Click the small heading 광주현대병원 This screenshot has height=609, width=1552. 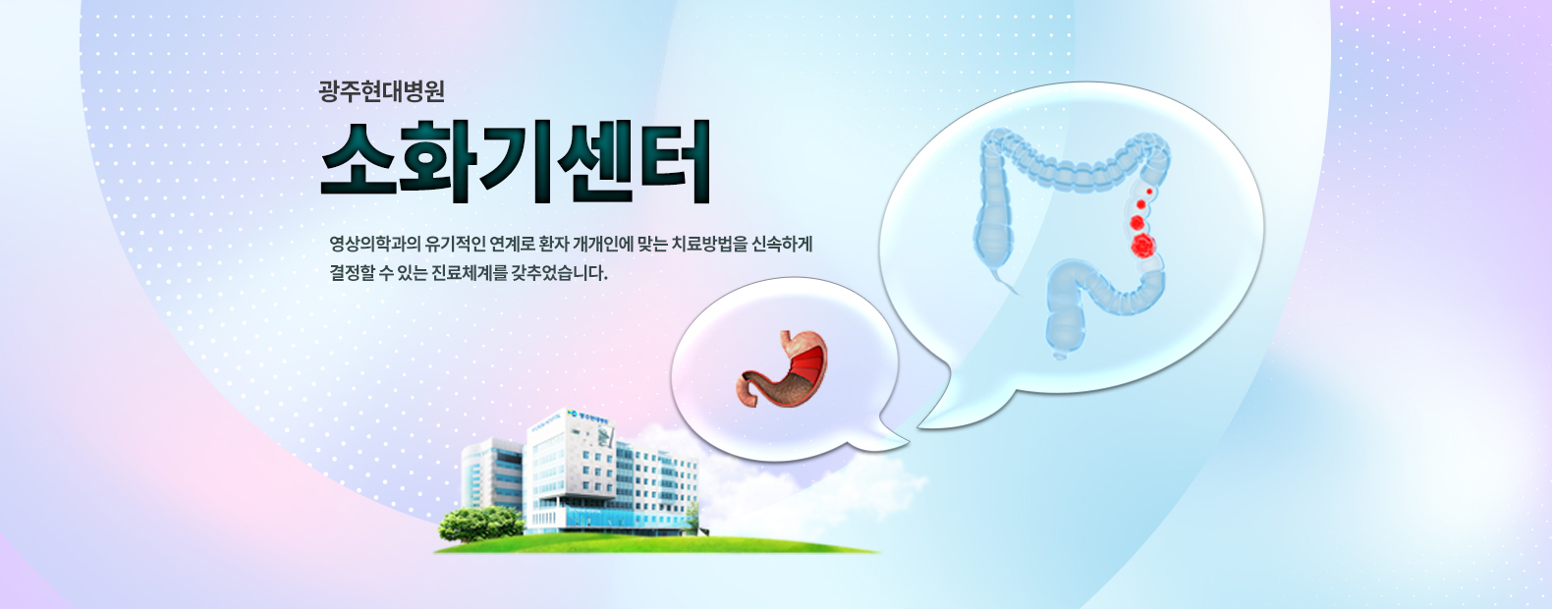click(x=381, y=91)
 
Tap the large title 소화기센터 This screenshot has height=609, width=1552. click(x=516, y=161)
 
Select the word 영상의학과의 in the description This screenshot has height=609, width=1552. click(x=375, y=244)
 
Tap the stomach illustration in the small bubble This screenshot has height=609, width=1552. click(x=782, y=369)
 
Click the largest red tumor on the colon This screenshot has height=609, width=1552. click(x=1143, y=246)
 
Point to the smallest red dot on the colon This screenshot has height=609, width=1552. click(x=1149, y=192)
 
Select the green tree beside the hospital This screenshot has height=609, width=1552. click(x=481, y=524)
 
